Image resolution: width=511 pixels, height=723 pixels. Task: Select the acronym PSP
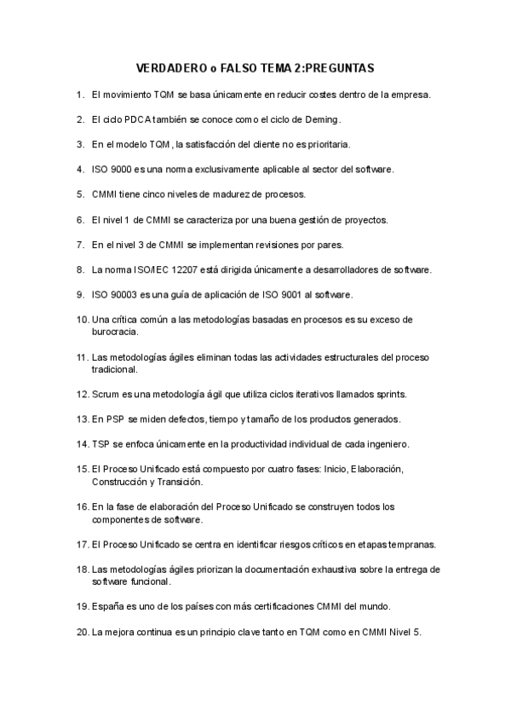click(x=115, y=419)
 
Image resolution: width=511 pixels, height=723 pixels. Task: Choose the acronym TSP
click(x=100, y=444)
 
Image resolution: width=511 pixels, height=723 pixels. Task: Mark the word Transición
click(x=181, y=482)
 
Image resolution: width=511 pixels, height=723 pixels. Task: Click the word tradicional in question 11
click(x=115, y=369)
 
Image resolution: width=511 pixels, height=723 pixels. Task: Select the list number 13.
click(x=82, y=419)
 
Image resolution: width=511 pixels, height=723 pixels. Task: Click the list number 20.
click(x=82, y=632)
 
